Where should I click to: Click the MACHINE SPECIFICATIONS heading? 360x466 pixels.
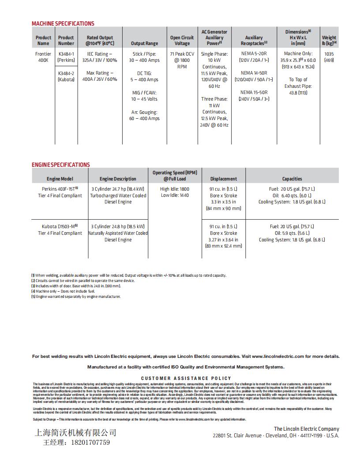coord(63,23)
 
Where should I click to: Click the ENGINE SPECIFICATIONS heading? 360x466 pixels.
coord(60,165)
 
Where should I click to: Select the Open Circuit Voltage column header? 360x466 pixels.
coord(182,41)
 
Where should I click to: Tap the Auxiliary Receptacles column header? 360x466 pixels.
coord(254,41)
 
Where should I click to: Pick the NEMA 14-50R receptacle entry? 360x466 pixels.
coord(254,73)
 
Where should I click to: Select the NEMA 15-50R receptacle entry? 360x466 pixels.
coord(254,93)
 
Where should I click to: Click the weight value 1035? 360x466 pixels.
coord(329,54)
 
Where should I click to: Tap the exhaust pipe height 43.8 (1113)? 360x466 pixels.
coord(298,93)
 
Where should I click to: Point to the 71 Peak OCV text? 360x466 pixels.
coord(182,54)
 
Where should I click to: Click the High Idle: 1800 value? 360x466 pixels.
coord(175,189)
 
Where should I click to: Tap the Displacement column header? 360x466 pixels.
coord(223,179)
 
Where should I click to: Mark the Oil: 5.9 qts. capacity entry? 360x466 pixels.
coord(292,233)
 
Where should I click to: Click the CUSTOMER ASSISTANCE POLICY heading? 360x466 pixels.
coord(186,378)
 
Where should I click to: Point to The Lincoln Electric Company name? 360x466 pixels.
coord(306,428)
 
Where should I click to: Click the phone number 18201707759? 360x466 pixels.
coord(90,442)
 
